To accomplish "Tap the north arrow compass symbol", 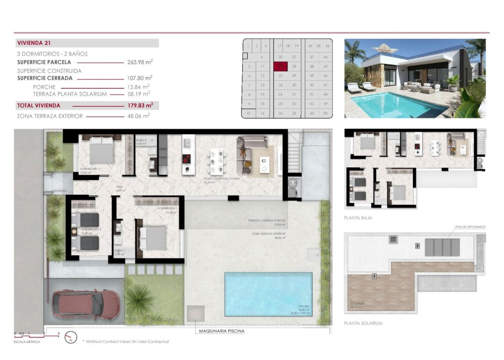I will tap(71, 337).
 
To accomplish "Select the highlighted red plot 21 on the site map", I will tap(281, 66).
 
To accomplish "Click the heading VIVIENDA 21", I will tap(34, 43).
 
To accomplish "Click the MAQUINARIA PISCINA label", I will tap(221, 331).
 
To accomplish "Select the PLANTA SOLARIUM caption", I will tap(363, 323).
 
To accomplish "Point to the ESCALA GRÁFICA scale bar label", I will tap(27, 342).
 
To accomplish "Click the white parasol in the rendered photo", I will tap(385, 49).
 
